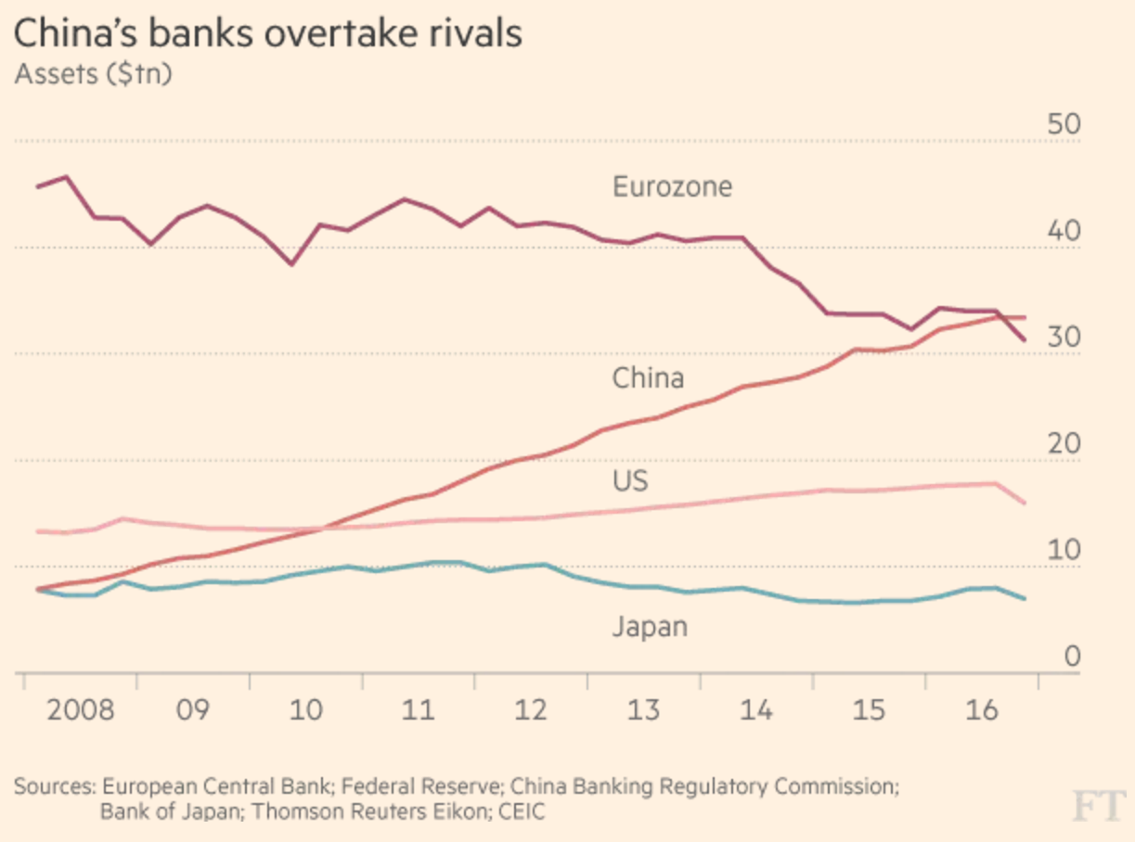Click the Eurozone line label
point(672,187)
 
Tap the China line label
point(648,378)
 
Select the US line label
point(630,481)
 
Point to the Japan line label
point(650,627)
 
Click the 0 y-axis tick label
point(1072,657)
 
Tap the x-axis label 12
point(532,711)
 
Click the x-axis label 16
point(983,711)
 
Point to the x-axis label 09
point(193,711)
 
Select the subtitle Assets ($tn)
point(93,75)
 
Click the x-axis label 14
point(757,711)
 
